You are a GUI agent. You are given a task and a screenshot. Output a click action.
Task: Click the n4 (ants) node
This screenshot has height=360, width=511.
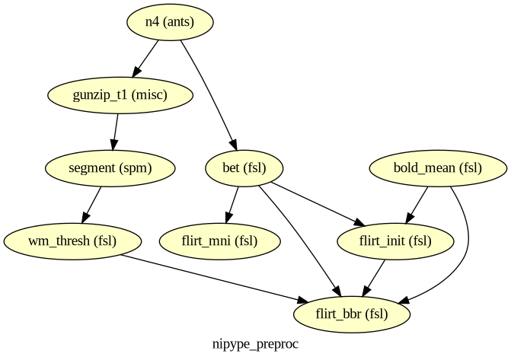(170, 22)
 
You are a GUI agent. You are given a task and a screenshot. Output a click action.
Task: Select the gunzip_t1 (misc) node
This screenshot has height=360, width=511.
(120, 95)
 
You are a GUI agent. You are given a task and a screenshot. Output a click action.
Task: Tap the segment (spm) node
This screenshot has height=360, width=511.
(110, 168)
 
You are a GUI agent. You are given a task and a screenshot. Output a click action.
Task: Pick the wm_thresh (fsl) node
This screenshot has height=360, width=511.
(72, 241)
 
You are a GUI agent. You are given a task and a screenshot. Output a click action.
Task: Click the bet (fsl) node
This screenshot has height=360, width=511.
(244, 168)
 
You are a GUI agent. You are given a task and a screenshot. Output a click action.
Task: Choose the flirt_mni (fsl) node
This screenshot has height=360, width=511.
(219, 241)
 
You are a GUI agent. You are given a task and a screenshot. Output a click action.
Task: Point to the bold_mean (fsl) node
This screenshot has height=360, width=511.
(438, 168)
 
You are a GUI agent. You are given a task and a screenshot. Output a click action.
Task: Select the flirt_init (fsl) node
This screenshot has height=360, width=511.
(395, 241)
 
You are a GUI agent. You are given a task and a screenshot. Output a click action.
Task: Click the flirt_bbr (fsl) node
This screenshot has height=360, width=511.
(352, 314)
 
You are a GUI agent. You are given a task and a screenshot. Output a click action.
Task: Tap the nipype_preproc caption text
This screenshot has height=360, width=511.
(256, 344)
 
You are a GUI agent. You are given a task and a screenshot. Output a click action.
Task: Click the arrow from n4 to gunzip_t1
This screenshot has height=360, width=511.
(145, 59)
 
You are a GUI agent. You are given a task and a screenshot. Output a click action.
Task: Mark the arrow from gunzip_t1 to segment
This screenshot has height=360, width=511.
(115, 132)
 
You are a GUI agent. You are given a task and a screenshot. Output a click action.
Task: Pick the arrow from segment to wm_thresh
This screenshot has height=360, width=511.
(91, 205)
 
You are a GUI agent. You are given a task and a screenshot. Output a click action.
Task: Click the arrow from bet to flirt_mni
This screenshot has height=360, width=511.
(232, 205)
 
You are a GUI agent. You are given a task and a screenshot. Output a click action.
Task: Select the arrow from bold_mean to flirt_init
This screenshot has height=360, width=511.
(417, 205)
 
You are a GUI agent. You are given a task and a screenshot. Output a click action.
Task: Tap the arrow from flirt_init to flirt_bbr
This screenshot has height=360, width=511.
(374, 278)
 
